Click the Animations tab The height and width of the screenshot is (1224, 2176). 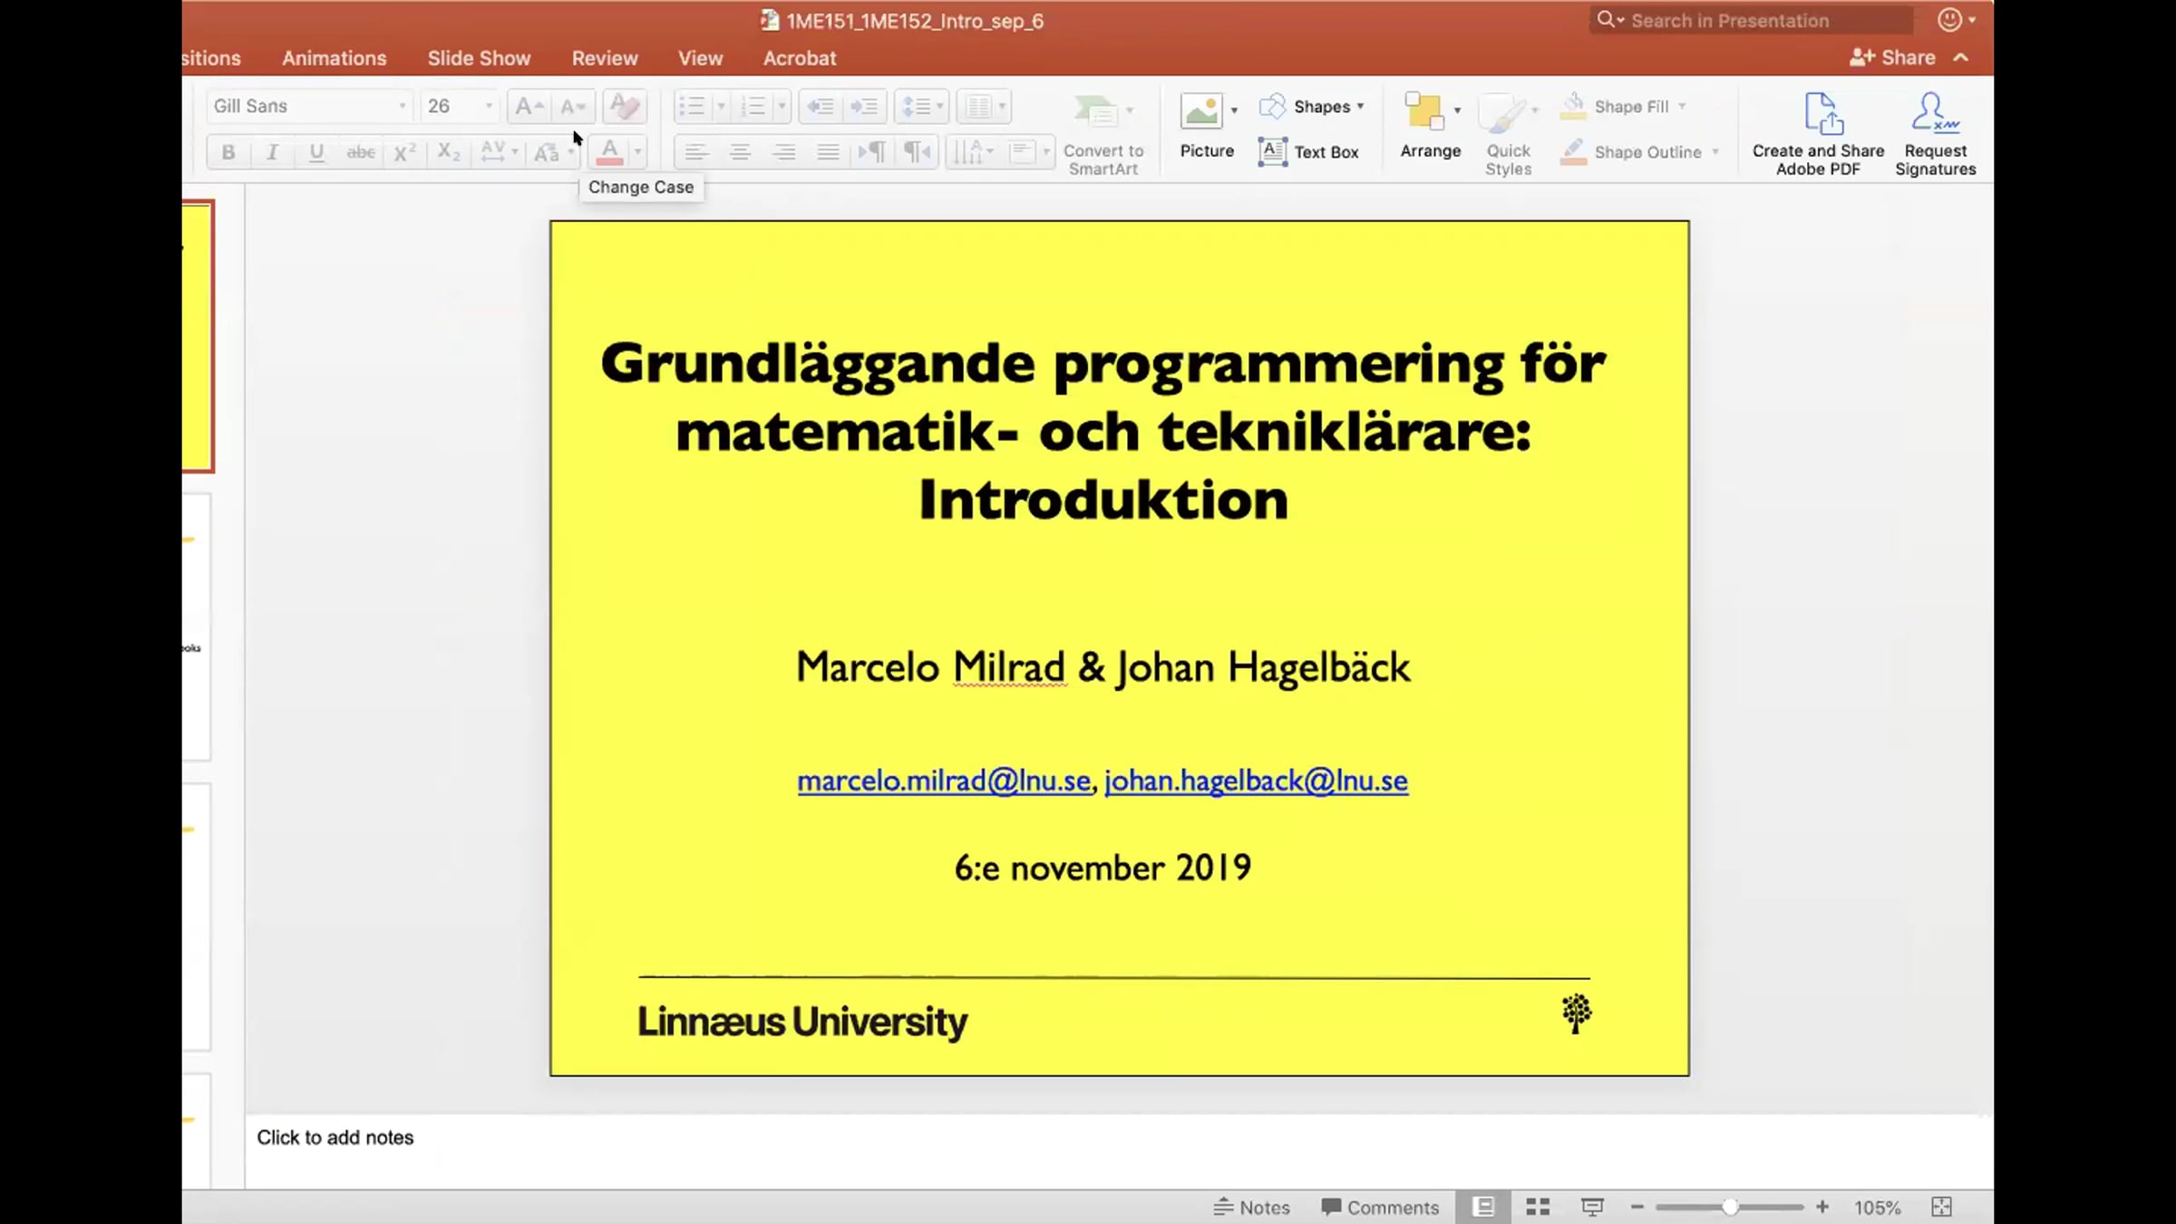click(x=334, y=58)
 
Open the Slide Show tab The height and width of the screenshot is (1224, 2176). click(x=479, y=58)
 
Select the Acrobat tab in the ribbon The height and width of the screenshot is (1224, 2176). click(x=799, y=58)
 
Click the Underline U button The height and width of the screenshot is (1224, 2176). click(x=316, y=152)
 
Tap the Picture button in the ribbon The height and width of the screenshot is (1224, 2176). click(x=1207, y=127)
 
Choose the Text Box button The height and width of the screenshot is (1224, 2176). click(x=1308, y=151)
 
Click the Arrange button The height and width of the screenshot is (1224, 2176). click(x=1430, y=127)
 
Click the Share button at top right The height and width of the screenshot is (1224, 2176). click(x=1893, y=57)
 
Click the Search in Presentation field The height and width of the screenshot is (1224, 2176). click(x=1751, y=20)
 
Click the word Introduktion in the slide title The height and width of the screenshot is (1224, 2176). click(x=1103, y=500)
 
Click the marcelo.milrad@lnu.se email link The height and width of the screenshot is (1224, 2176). click(x=944, y=781)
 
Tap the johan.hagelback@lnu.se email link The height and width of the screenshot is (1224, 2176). click(x=1256, y=781)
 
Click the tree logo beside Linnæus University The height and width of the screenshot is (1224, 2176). click(x=1577, y=1014)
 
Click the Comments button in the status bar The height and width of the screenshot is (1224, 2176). click(x=1380, y=1207)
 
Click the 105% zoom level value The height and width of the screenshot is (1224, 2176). click(x=1877, y=1207)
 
